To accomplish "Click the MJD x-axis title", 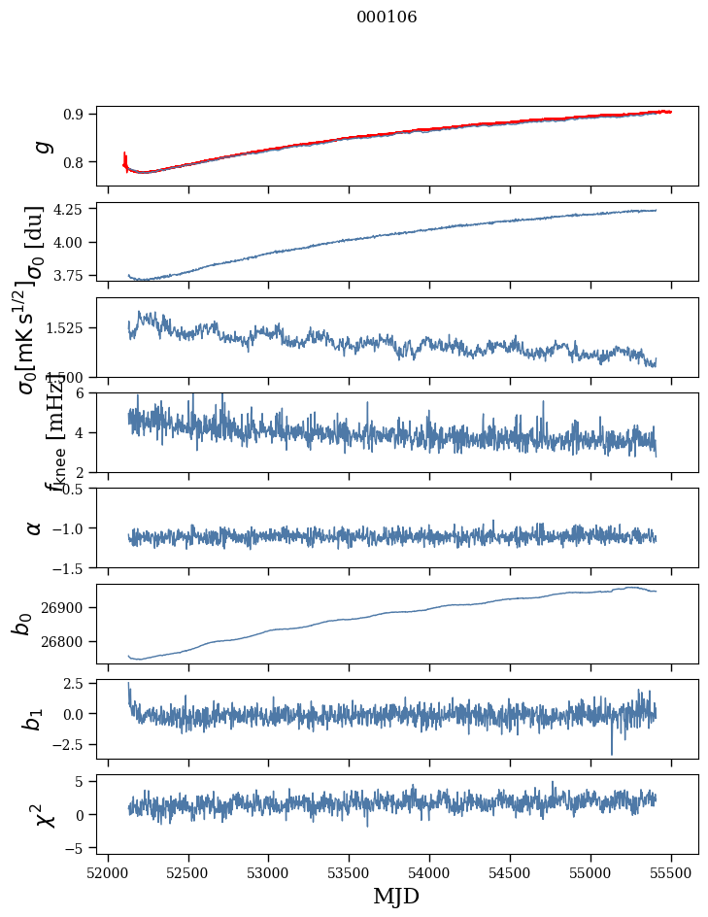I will pyautogui.click(x=396, y=896).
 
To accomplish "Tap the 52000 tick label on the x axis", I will pyautogui.click(x=108, y=872).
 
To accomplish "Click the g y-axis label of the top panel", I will pyautogui.click(x=40, y=146).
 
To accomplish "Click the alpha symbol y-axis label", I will pyautogui.click(x=34, y=526).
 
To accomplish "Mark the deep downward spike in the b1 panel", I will pyautogui.click(x=612, y=752).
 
